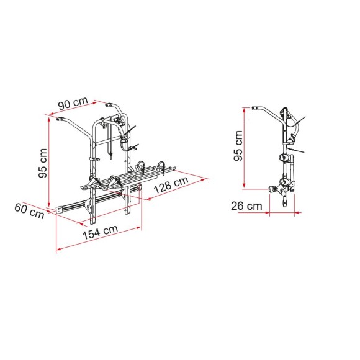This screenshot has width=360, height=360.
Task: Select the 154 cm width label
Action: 101,231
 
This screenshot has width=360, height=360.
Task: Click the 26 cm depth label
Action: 245,205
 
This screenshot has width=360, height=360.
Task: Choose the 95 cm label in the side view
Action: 236,146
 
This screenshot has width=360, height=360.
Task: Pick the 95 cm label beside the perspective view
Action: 41,162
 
